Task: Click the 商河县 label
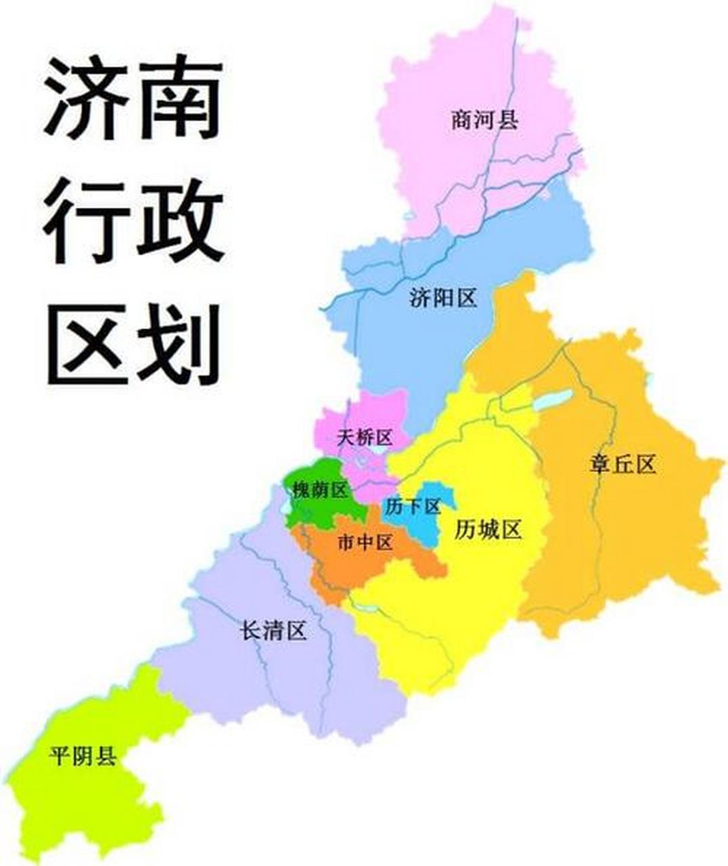pos(484,120)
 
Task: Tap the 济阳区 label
pos(443,298)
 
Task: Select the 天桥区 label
pos(365,438)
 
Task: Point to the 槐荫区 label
pos(319,490)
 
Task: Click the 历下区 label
pos(413,506)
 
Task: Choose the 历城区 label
pos(488,530)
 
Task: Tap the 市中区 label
pos(365,542)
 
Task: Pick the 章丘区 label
pos(623,464)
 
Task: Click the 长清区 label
pos(274,631)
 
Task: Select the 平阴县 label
pos(83,756)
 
